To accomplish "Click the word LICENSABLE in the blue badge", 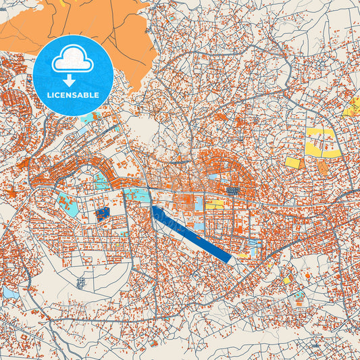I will [72, 95].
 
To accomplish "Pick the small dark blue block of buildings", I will [102, 215].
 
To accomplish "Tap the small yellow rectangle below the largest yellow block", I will [293, 163].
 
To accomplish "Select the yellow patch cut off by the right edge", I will [353, 107].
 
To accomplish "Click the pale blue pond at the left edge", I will [9, 292].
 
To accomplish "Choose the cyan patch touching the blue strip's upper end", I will [137, 195].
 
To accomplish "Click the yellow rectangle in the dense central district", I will [215, 204].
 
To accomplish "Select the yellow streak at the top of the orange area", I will [63, 3].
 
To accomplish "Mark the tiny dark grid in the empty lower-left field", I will [80, 282].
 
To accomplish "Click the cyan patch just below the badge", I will [88, 118].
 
